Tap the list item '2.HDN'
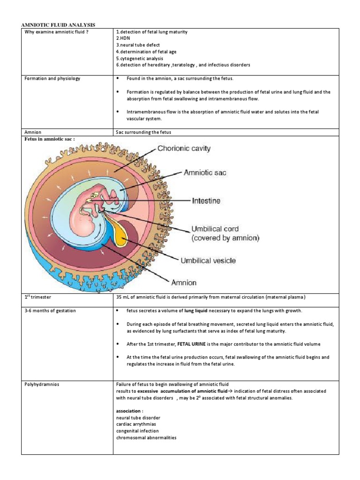pos(122,38)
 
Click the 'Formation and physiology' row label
pos(52,78)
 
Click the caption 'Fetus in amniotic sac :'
pos(47,139)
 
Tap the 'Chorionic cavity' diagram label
pos(184,149)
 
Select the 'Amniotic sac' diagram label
pos(204,172)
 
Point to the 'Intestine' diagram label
pos(206,201)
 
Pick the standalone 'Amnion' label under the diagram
pos(184,283)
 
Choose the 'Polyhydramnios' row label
pos(42,384)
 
